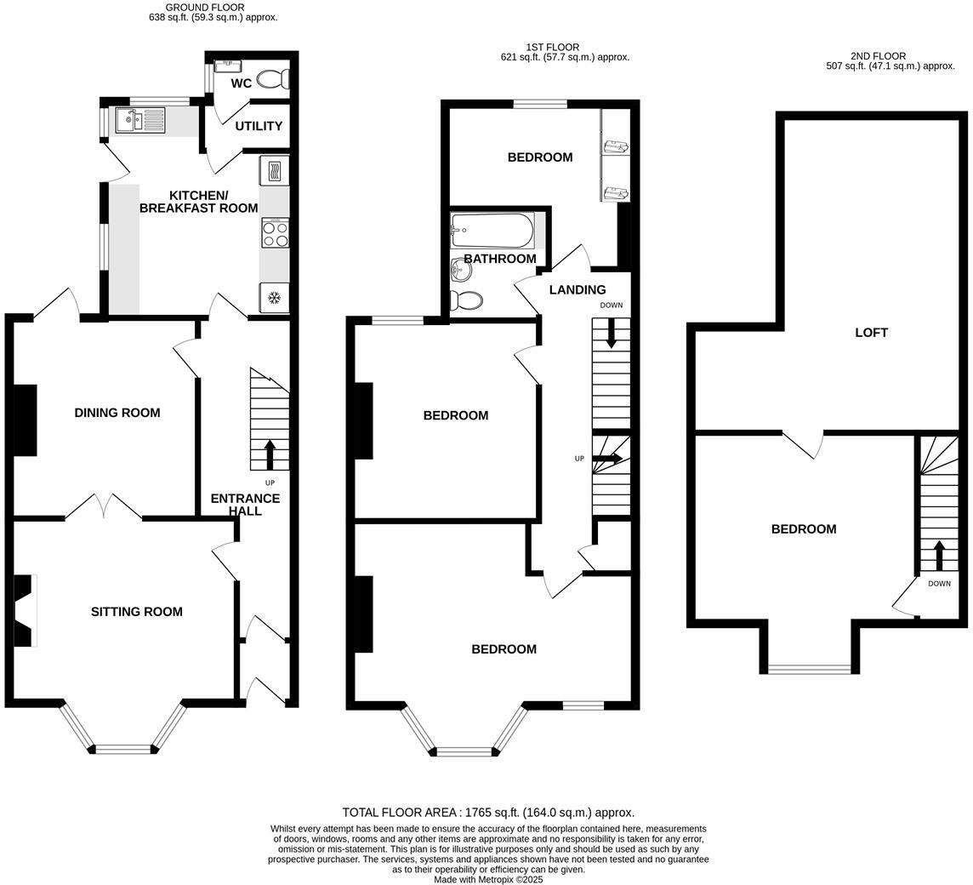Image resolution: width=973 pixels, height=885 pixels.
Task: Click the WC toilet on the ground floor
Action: (x=274, y=79)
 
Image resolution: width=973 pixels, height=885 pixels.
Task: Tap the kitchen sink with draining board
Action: (x=141, y=121)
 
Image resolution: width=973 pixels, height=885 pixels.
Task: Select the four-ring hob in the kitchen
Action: (x=274, y=233)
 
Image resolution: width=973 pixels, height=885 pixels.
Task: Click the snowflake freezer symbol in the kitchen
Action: (x=274, y=298)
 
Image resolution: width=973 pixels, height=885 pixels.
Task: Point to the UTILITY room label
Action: (x=259, y=126)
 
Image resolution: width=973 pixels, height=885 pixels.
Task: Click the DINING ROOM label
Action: (x=117, y=413)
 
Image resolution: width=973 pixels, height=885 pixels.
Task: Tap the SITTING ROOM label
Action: (x=137, y=611)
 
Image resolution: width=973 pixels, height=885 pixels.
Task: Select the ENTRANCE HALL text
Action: (x=245, y=504)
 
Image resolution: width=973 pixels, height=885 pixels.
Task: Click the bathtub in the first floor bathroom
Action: (x=492, y=230)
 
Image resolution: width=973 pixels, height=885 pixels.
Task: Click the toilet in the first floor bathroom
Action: (x=467, y=300)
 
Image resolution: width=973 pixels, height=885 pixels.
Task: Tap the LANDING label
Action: (x=578, y=290)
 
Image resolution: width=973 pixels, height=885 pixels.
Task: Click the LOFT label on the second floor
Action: (x=871, y=333)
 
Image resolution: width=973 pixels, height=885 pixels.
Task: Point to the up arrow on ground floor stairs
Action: (x=270, y=454)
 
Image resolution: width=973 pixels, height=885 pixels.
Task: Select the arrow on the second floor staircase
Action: (x=939, y=555)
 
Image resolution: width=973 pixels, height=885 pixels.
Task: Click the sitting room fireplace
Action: (x=24, y=610)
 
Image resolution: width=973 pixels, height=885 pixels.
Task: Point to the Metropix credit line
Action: (x=488, y=879)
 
